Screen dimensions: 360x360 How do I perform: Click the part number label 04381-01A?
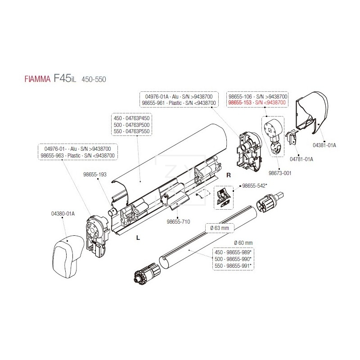click(x=324, y=145)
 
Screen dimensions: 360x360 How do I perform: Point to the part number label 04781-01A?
click(x=301, y=159)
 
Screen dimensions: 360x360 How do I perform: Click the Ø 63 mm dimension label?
click(x=220, y=228)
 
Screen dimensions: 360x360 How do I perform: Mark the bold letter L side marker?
click(x=138, y=238)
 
